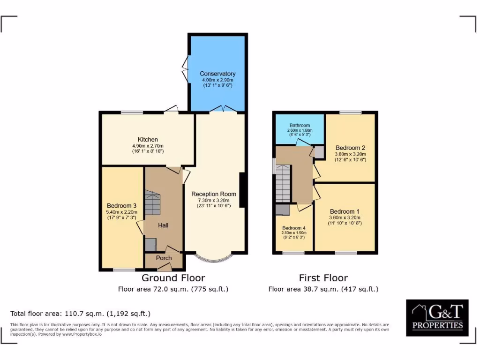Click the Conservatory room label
pyautogui.click(x=217, y=74)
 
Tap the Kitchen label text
pyautogui.click(x=148, y=139)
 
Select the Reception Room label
pyautogui.click(x=214, y=194)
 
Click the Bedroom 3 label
pyautogui.click(x=122, y=205)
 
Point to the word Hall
pyautogui.click(x=163, y=225)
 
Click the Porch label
pyautogui.click(x=164, y=258)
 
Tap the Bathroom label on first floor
pyautogui.click(x=300, y=126)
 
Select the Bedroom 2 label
pyautogui.click(x=351, y=147)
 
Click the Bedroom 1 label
pyautogui.click(x=345, y=211)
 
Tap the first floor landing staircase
pyautogui.click(x=283, y=186)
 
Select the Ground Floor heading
pyautogui.click(x=173, y=278)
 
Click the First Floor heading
pyautogui.click(x=323, y=278)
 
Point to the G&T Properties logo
pyautogui.click(x=437, y=317)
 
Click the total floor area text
pyautogui.click(x=80, y=314)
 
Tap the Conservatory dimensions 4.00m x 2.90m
pyautogui.click(x=217, y=80)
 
